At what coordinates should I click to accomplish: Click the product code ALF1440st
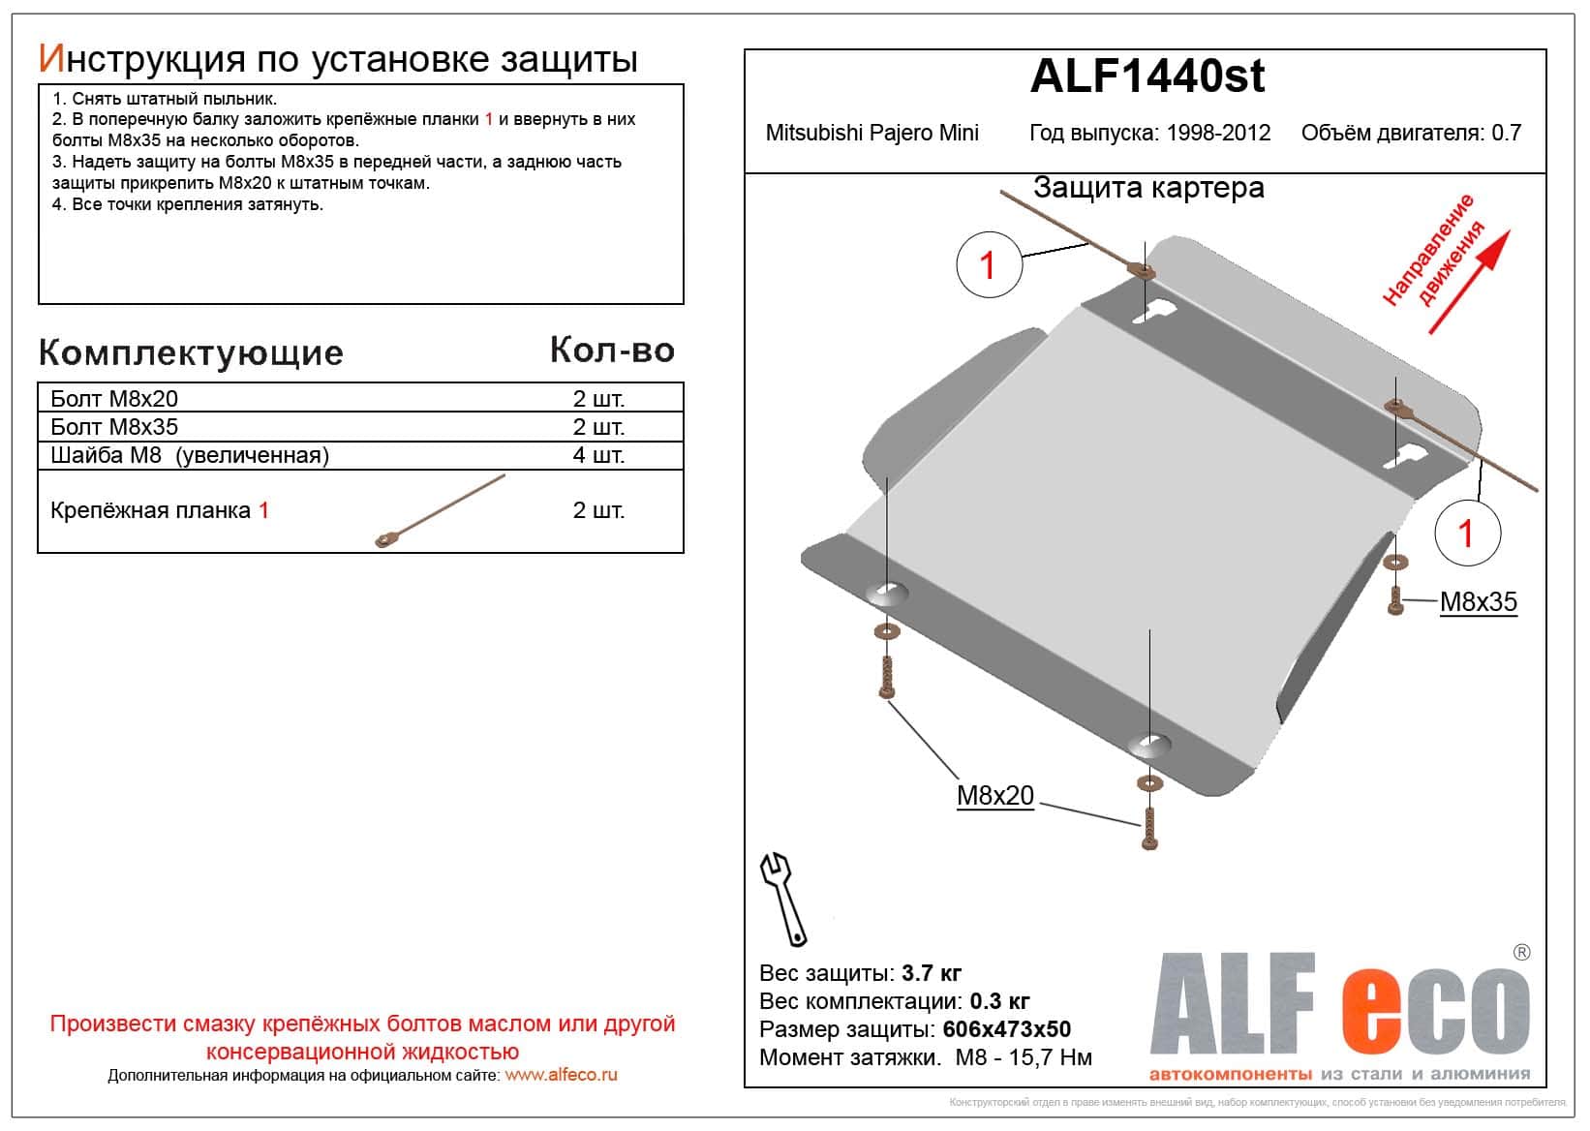1147,76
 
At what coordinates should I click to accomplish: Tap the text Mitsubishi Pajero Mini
871,133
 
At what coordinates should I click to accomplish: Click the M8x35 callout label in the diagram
1478,601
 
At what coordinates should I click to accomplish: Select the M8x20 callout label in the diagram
995,795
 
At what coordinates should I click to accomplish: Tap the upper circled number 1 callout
989,263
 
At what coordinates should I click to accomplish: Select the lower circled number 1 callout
1466,533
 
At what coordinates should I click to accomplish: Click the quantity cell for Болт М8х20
598,399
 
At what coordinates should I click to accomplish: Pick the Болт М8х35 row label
114,427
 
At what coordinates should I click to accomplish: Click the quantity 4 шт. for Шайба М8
598,455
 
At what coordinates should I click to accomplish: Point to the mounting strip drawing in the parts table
441,510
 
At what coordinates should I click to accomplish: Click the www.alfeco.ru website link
561,1075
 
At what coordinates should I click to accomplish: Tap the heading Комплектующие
191,352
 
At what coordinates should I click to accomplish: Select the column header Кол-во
612,350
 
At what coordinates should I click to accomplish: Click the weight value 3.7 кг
931,973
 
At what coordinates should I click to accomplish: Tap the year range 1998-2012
1217,133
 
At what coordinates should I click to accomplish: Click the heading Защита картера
1148,188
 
